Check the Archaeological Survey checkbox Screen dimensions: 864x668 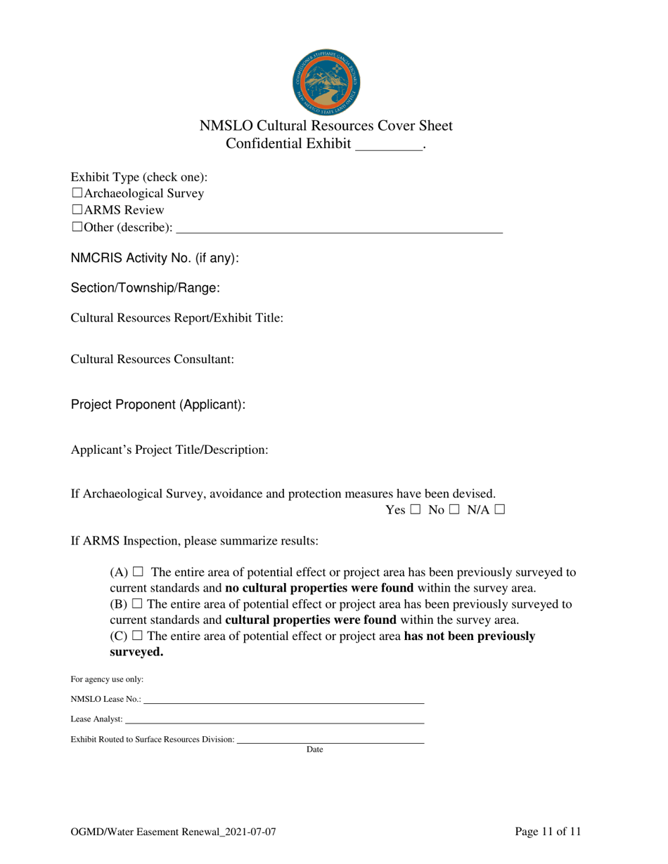77,193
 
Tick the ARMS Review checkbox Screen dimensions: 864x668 77,210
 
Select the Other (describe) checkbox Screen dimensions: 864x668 77,227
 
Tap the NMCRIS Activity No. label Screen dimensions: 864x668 155,258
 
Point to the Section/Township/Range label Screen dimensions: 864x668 146,288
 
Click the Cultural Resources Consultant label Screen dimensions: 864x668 152,359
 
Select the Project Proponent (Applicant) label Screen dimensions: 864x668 158,405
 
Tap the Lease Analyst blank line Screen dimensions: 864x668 274,720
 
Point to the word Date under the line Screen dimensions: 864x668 315,750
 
